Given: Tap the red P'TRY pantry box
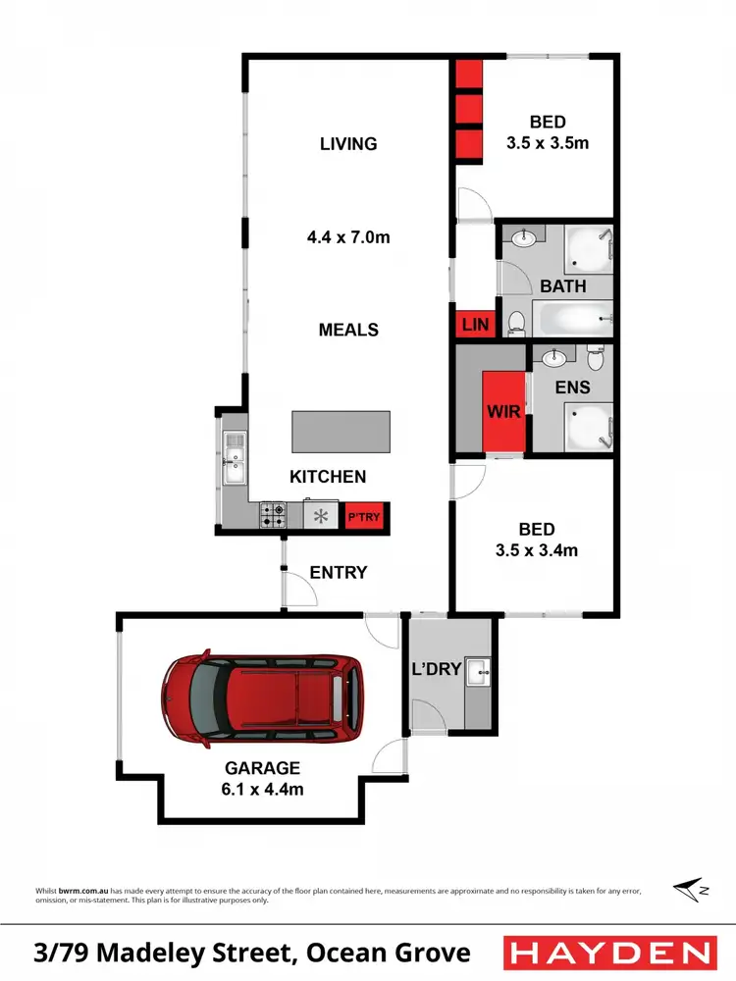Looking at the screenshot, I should (x=363, y=517).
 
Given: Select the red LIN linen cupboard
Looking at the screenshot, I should (x=475, y=325).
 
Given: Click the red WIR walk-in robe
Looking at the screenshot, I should (x=505, y=413).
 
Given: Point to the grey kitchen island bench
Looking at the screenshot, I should (x=341, y=432).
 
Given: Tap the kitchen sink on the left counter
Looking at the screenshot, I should (x=234, y=461).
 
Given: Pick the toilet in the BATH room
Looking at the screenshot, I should (x=515, y=321).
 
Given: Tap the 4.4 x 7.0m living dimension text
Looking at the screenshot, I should (x=348, y=236).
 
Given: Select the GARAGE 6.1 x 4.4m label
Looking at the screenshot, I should (x=260, y=777).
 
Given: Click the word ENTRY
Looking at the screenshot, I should (x=339, y=572).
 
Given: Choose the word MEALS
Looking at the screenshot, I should (x=348, y=330).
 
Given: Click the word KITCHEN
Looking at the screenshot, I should (x=328, y=477).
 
